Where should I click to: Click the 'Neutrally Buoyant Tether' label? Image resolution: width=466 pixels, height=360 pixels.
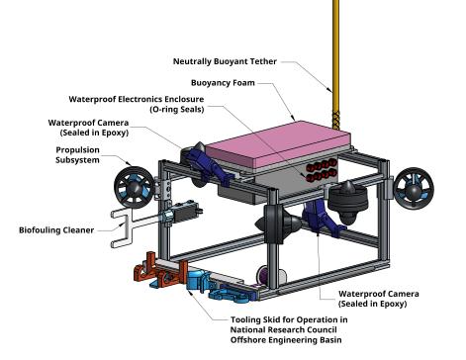click(225, 61)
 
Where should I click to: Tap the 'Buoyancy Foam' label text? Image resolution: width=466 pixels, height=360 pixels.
click(223, 83)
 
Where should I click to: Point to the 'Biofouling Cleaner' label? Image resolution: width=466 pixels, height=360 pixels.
click(56, 230)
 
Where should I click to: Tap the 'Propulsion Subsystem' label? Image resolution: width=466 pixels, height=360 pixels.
click(78, 155)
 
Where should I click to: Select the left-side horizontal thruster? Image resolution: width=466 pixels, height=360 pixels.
click(134, 187)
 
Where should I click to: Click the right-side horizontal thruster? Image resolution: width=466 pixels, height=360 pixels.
click(414, 188)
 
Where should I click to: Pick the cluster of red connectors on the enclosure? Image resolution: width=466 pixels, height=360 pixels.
click(321, 171)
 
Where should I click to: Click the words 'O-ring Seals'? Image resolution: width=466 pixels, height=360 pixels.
click(177, 110)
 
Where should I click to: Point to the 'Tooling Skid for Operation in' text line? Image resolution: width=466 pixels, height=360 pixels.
click(289, 319)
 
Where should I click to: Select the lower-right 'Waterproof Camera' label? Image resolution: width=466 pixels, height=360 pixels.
click(379, 299)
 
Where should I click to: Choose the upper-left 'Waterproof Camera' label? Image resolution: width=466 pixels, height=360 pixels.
click(88, 128)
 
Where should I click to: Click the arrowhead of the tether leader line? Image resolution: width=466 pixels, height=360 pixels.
click(329, 89)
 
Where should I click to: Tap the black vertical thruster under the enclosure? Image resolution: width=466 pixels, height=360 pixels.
click(348, 200)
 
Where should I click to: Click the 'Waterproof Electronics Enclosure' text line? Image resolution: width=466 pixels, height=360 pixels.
click(137, 99)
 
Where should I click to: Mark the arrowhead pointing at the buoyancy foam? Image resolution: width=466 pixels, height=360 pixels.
click(293, 118)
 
